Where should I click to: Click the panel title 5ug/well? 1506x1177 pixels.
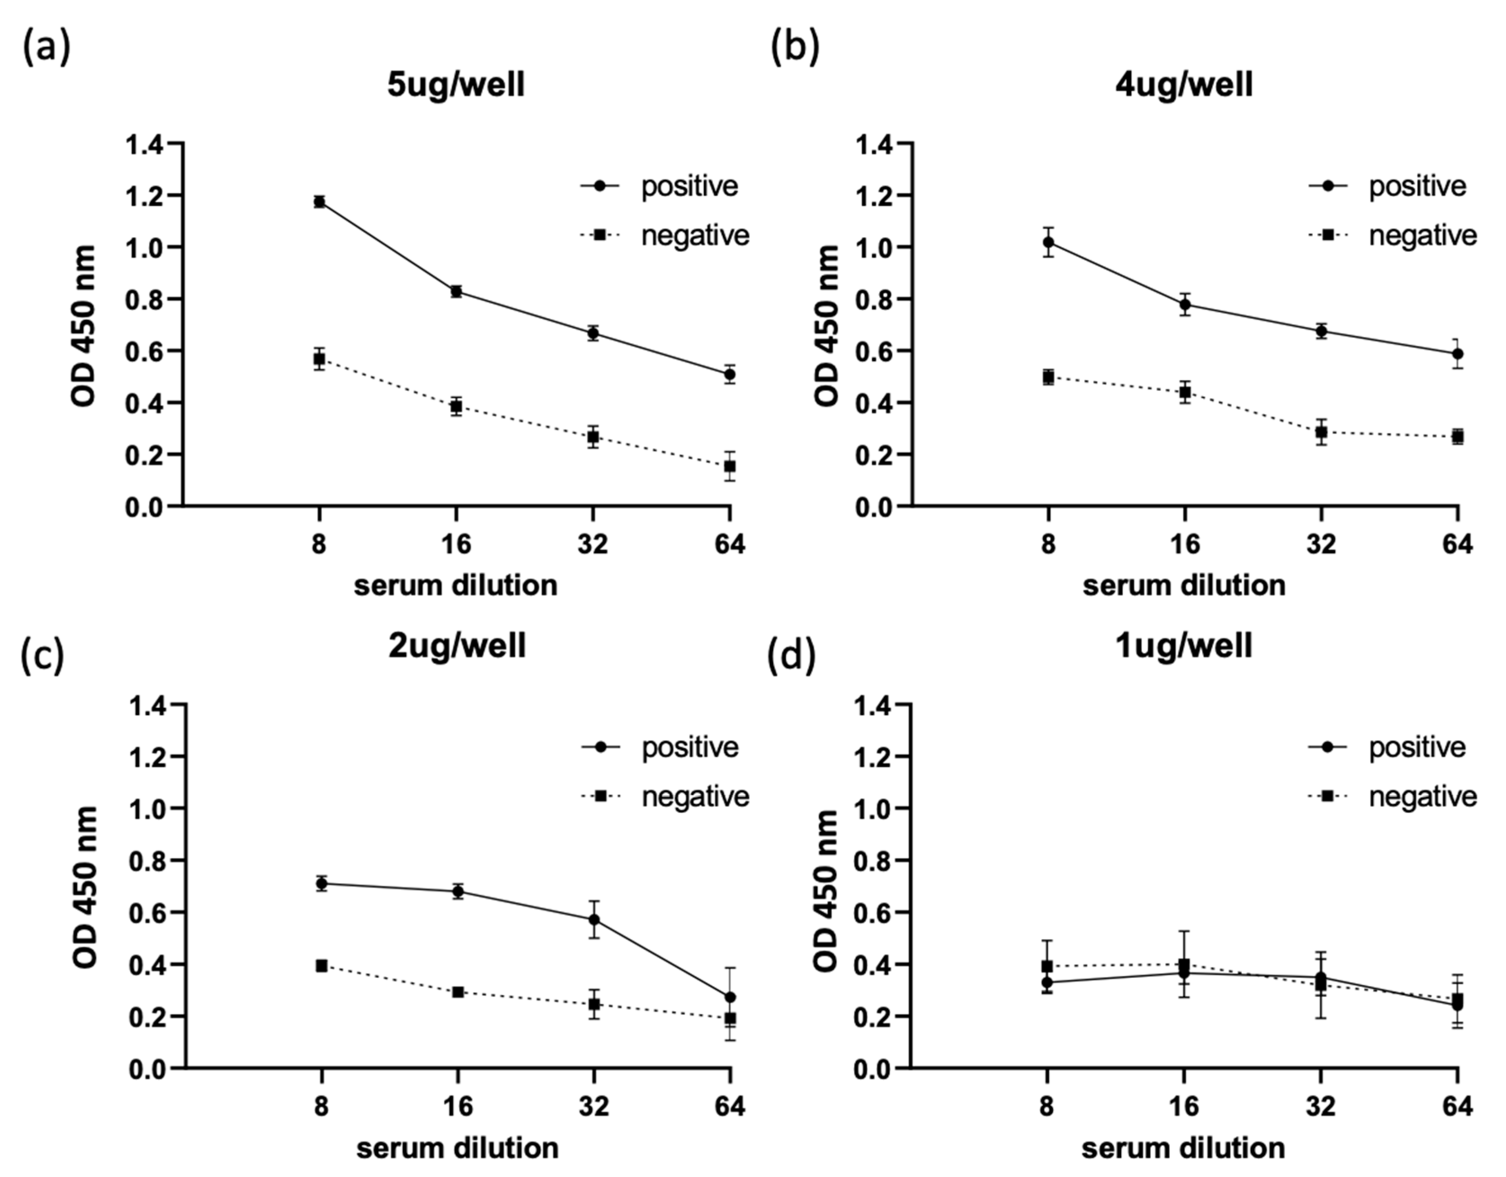pos(456,85)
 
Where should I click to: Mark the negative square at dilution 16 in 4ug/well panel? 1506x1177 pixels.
pos(1185,392)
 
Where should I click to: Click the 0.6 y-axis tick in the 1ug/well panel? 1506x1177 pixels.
pos(873,912)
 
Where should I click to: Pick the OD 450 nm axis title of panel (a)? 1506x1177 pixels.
pos(84,325)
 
